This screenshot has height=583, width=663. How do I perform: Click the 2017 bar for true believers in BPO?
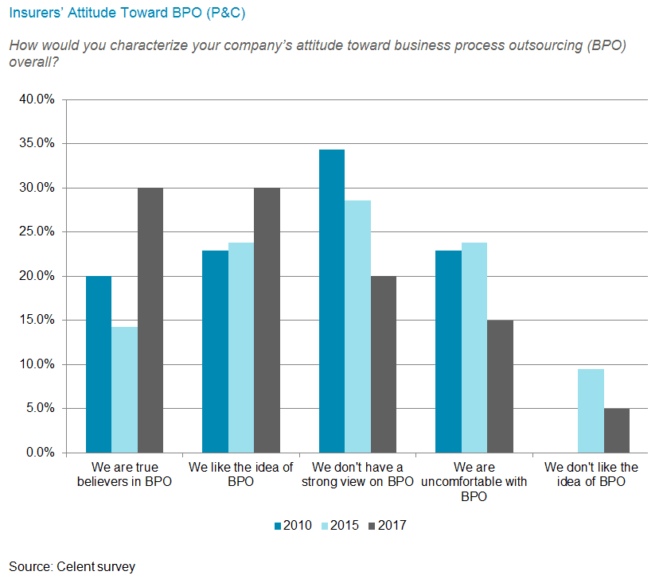click(x=150, y=320)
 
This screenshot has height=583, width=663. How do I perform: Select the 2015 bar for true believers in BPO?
click(x=124, y=390)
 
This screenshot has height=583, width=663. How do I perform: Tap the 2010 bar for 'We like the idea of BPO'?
click(x=215, y=352)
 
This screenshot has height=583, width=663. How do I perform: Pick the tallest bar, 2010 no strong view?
click(x=332, y=301)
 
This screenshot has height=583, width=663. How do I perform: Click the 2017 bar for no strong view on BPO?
click(x=383, y=364)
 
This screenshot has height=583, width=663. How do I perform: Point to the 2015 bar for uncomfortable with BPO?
click(x=474, y=348)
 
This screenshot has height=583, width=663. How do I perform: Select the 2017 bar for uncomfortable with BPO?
click(x=500, y=387)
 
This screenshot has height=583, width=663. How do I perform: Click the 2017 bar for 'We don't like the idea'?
click(x=616, y=430)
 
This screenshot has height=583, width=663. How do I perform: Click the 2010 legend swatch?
click(x=278, y=525)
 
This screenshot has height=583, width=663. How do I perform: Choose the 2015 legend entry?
click(x=339, y=525)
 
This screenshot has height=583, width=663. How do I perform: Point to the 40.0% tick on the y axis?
click(x=37, y=99)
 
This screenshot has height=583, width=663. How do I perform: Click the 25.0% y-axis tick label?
click(x=37, y=232)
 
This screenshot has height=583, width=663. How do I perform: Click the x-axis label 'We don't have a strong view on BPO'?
click(x=358, y=475)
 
